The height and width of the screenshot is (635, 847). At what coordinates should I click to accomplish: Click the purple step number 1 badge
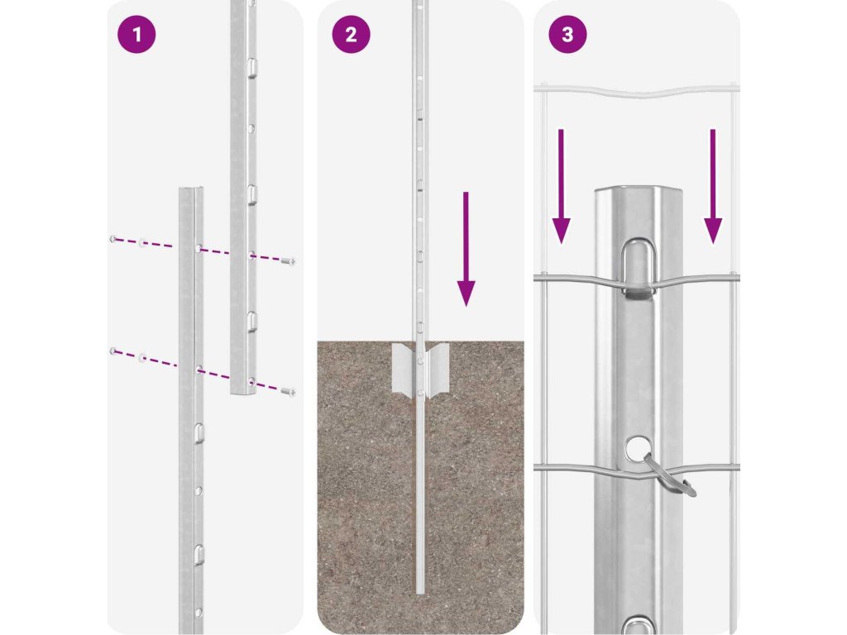point(136,35)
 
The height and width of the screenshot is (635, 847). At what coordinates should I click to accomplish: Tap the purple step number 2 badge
point(351,35)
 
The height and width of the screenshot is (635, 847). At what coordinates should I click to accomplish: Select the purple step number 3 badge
point(567,35)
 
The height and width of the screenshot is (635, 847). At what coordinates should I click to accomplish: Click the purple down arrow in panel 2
point(467,249)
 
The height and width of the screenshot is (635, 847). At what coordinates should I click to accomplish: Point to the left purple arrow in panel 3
point(562,186)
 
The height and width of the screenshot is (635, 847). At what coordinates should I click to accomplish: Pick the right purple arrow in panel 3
point(713,186)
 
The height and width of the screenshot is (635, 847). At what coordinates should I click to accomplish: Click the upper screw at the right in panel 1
point(289,262)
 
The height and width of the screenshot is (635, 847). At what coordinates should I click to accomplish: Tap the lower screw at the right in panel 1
point(289,391)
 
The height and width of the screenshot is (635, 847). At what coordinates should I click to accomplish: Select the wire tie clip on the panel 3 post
point(671,475)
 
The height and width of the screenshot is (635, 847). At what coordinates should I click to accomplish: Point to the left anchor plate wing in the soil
point(404,370)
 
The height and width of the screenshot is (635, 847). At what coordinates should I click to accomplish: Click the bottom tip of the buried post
point(421,594)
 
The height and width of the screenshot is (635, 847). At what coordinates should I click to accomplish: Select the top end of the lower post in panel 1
point(192,189)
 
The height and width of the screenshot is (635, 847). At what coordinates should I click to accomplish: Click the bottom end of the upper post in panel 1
point(243,391)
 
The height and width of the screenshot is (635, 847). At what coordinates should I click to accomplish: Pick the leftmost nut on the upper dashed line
point(112,239)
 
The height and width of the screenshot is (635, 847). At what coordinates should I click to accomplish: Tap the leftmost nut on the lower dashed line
point(112,351)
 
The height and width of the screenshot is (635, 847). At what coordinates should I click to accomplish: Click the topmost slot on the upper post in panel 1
point(252,67)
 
